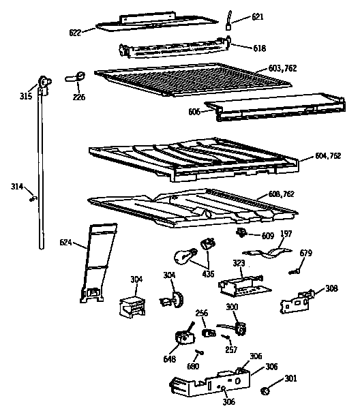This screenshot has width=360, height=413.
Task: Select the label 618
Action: [x=240, y=49]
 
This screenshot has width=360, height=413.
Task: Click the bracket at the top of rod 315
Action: [x=46, y=82]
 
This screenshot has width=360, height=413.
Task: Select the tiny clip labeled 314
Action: [x=31, y=198]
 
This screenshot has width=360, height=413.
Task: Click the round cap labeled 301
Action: [x=266, y=391]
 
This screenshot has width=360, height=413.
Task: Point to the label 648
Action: [x=170, y=358]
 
